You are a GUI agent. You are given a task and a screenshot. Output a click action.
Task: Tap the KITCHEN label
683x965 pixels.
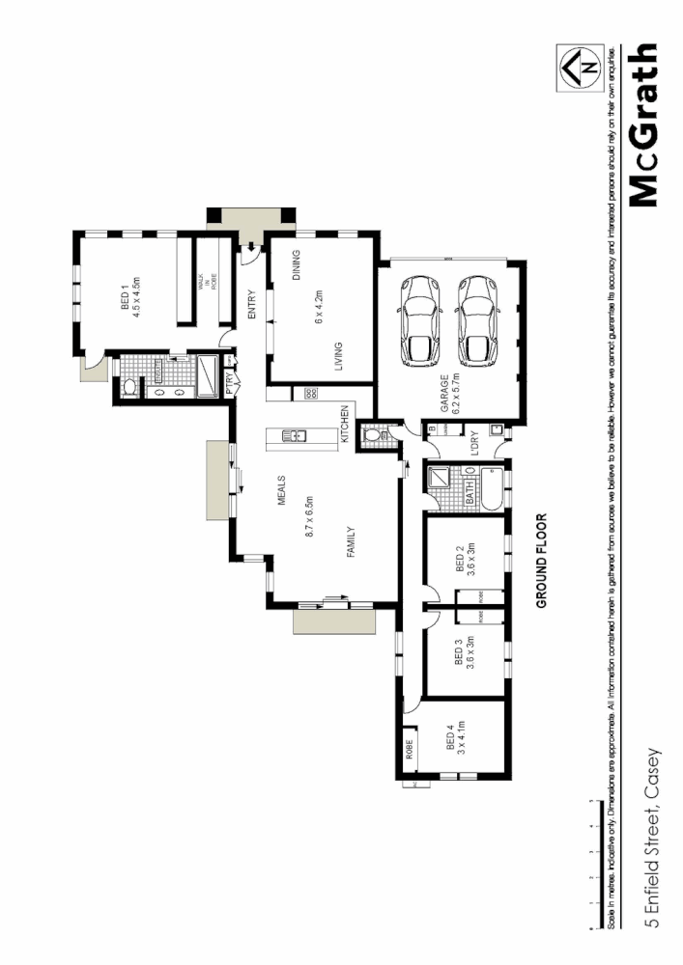[x=345, y=426]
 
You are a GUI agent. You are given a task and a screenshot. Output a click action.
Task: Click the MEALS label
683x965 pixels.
[x=285, y=495]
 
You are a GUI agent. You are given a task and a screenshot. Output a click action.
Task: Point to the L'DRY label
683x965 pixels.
[x=474, y=442]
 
